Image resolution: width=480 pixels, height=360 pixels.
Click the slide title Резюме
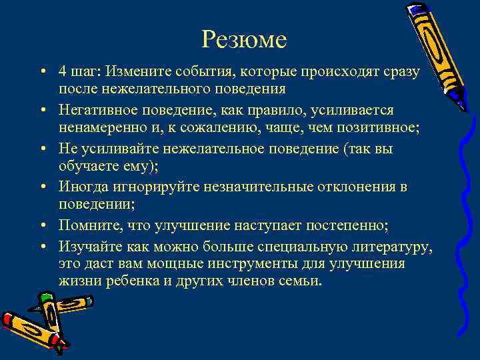point(244,41)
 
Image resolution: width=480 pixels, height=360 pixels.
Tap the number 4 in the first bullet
point(62,71)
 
